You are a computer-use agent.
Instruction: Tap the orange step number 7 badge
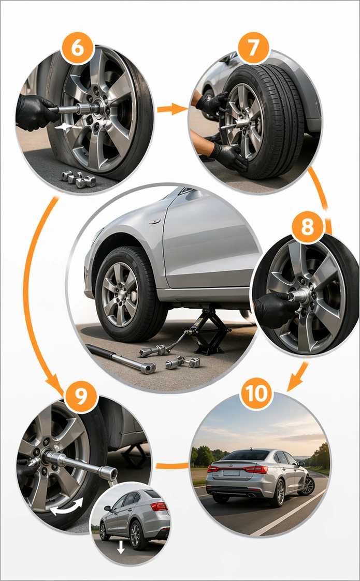coord(253,48)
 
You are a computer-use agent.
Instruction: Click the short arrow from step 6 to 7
coord(172,109)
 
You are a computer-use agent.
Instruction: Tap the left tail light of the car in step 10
coord(213,469)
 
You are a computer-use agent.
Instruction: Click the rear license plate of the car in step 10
coord(232,472)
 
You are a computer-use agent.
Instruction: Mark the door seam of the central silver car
coord(165,249)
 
